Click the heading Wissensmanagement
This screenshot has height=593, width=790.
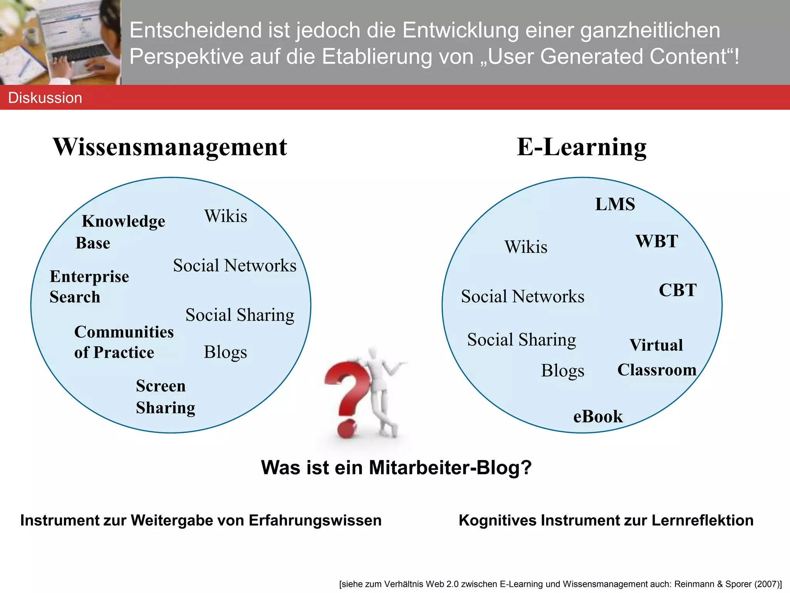click(x=170, y=147)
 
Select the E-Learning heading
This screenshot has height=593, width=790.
click(x=581, y=147)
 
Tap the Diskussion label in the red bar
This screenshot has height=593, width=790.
click(x=45, y=98)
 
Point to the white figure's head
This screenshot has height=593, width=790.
click(x=373, y=353)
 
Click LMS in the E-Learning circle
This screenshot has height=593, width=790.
click(x=615, y=204)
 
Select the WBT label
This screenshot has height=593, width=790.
click(x=657, y=241)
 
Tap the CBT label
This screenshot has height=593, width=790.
click(x=677, y=290)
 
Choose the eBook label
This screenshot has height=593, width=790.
click(x=598, y=417)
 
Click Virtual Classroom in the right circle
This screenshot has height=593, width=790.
click(x=657, y=357)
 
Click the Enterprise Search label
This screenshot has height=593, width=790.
click(x=89, y=286)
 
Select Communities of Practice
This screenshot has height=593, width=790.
click(x=123, y=342)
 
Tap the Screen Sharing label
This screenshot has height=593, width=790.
click(x=165, y=396)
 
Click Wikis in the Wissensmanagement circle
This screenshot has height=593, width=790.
click(x=226, y=216)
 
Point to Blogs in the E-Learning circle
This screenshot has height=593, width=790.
click(x=562, y=371)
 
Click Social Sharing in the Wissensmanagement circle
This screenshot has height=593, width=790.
click(x=240, y=315)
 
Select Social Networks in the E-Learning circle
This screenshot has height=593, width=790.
click(x=522, y=296)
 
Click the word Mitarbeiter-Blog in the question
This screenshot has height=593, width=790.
click(x=450, y=468)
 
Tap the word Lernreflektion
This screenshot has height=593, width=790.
click(x=702, y=520)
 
